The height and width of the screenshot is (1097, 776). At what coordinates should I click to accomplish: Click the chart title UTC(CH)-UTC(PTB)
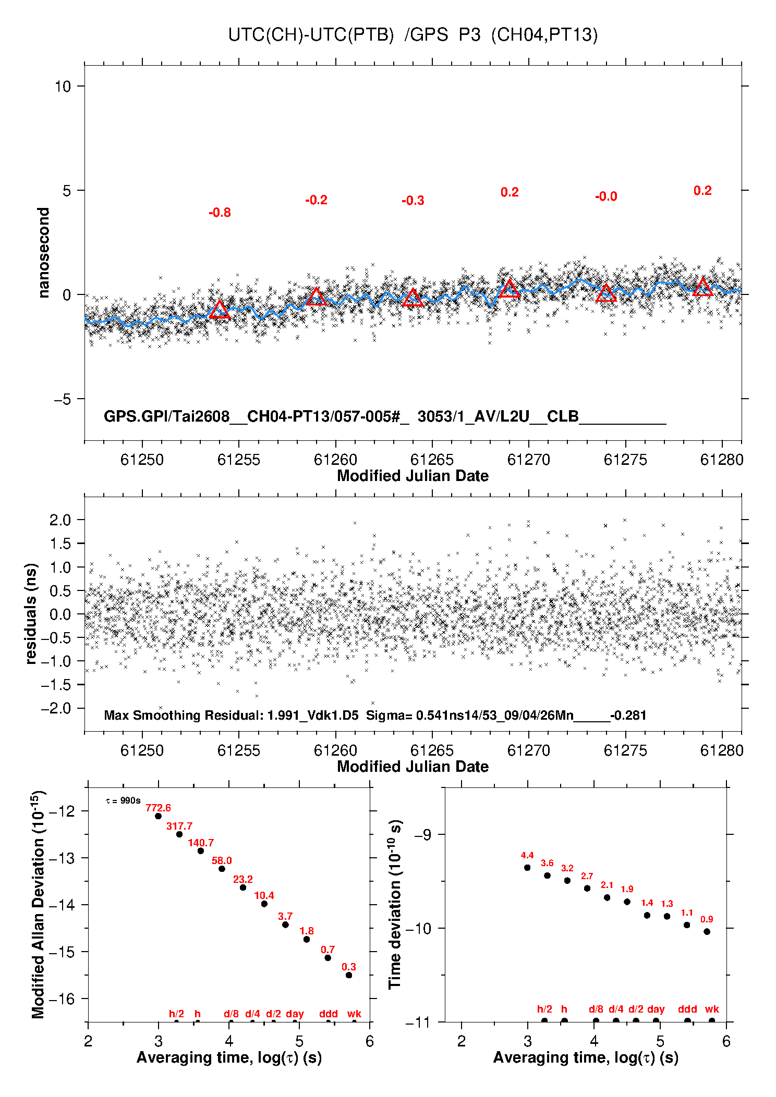(311, 35)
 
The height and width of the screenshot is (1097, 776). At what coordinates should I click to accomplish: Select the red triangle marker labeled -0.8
(220, 310)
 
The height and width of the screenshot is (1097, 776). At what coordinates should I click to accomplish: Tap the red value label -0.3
(413, 201)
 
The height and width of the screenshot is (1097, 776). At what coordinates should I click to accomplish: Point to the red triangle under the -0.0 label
(606, 293)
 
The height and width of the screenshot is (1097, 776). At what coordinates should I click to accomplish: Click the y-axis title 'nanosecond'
(43, 253)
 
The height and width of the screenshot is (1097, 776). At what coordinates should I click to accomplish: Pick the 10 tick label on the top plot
(63, 86)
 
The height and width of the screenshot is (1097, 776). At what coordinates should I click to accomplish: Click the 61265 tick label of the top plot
(432, 460)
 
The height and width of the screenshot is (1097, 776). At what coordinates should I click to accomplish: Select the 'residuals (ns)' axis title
(31, 613)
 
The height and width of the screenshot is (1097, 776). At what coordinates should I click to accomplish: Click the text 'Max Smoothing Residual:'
(184, 715)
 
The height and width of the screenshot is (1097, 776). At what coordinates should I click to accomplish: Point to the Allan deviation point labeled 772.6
(158, 816)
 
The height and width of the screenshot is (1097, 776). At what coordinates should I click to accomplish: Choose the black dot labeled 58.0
(222, 868)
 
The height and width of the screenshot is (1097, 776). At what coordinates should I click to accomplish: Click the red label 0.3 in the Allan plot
(349, 967)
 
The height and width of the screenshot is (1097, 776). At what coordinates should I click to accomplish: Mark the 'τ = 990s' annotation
(123, 800)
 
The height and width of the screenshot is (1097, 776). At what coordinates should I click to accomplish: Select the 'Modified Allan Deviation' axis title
(39, 904)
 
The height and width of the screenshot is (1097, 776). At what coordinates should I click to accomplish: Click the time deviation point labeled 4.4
(527, 867)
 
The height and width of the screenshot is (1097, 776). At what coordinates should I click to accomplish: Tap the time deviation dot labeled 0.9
(707, 931)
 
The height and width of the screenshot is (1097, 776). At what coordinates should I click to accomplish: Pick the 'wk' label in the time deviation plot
(712, 1009)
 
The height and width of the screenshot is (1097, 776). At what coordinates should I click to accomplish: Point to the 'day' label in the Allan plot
(295, 1014)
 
